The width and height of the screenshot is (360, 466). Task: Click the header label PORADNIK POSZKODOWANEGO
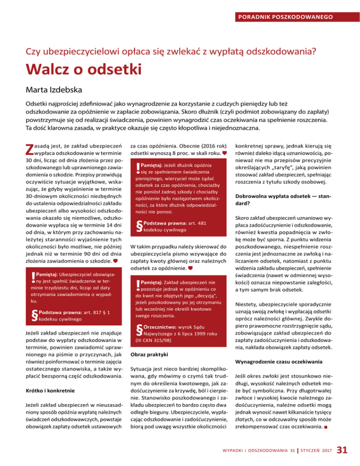point(285,17)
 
